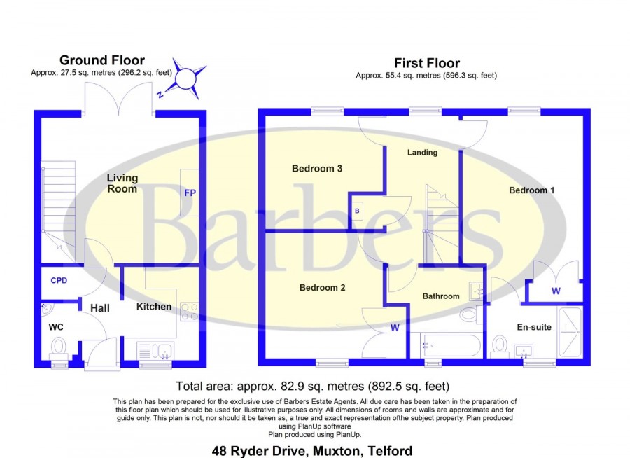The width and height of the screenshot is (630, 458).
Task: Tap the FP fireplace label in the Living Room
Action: (x=190, y=193)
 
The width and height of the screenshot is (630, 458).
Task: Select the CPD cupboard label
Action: (x=59, y=280)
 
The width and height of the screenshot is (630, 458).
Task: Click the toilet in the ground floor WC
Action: (x=59, y=348)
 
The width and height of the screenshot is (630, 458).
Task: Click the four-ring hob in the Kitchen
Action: (x=189, y=312)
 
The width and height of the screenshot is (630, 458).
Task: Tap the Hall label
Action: (x=100, y=308)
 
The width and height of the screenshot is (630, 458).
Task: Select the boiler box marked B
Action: (x=357, y=211)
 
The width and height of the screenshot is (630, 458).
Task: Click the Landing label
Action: (x=422, y=152)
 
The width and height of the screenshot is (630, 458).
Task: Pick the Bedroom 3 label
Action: (x=317, y=169)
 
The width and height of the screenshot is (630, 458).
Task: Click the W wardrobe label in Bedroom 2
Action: (x=395, y=328)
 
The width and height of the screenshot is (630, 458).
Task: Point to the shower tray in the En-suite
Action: (x=570, y=332)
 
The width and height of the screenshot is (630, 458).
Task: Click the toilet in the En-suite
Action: (x=499, y=347)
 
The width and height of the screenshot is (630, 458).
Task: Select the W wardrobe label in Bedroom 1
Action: (x=556, y=291)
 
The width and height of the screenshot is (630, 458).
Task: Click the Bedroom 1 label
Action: (x=531, y=190)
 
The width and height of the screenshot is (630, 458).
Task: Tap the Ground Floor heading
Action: (x=102, y=60)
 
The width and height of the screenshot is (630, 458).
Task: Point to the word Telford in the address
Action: (x=390, y=451)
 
